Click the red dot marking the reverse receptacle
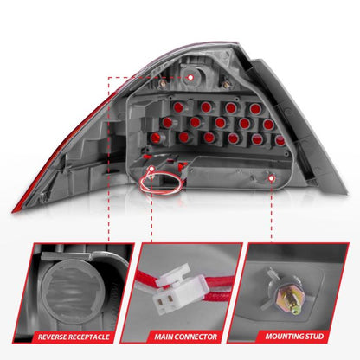point(190,76)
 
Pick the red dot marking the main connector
point(152,167)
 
